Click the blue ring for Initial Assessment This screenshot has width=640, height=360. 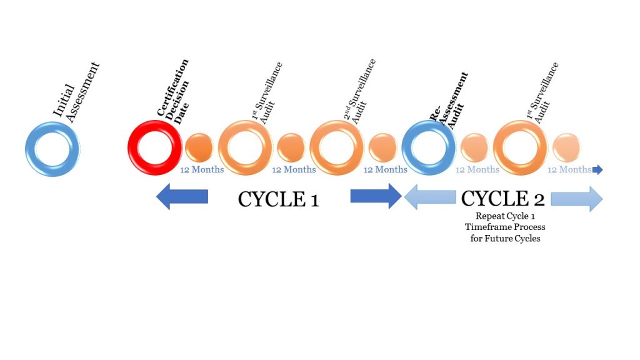tap(29, 149)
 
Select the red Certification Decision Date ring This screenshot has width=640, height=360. tap(132, 147)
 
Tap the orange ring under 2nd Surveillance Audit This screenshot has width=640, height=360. tap(315, 147)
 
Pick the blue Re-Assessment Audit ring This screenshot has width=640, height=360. tap(406, 147)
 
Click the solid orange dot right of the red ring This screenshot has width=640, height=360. tap(199, 147)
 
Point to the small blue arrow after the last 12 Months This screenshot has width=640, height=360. tap(597, 169)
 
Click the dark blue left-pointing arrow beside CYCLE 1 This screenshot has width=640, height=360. tap(182, 196)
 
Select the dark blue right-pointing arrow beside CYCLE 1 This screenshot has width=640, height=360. tap(376, 196)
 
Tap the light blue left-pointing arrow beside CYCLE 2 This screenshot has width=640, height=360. tap(430, 197)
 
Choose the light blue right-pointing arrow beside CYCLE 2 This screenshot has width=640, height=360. tap(577, 199)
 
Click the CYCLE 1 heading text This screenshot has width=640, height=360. tap(278, 199)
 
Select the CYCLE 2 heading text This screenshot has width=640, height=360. tap(503, 199)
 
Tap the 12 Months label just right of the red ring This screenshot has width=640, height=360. tap(202, 169)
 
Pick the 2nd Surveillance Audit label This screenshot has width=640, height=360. tap(359, 91)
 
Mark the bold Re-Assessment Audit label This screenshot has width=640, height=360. tap(448, 101)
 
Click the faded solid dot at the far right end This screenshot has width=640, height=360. tap(566, 147)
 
